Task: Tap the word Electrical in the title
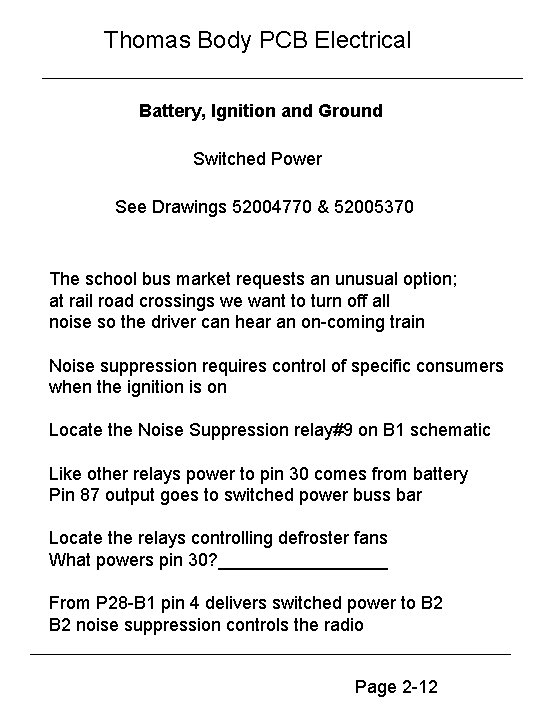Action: [x=362, y=41]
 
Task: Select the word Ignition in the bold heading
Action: [x=245, y=110]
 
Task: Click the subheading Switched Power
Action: [x=257, y=159]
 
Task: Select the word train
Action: [x=403, y=322]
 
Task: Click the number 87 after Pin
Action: [x=90, y=495]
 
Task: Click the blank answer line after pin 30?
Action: [x=302, y=560]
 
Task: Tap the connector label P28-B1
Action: [x=122, y=603]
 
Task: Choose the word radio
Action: [x=343, y=625]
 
